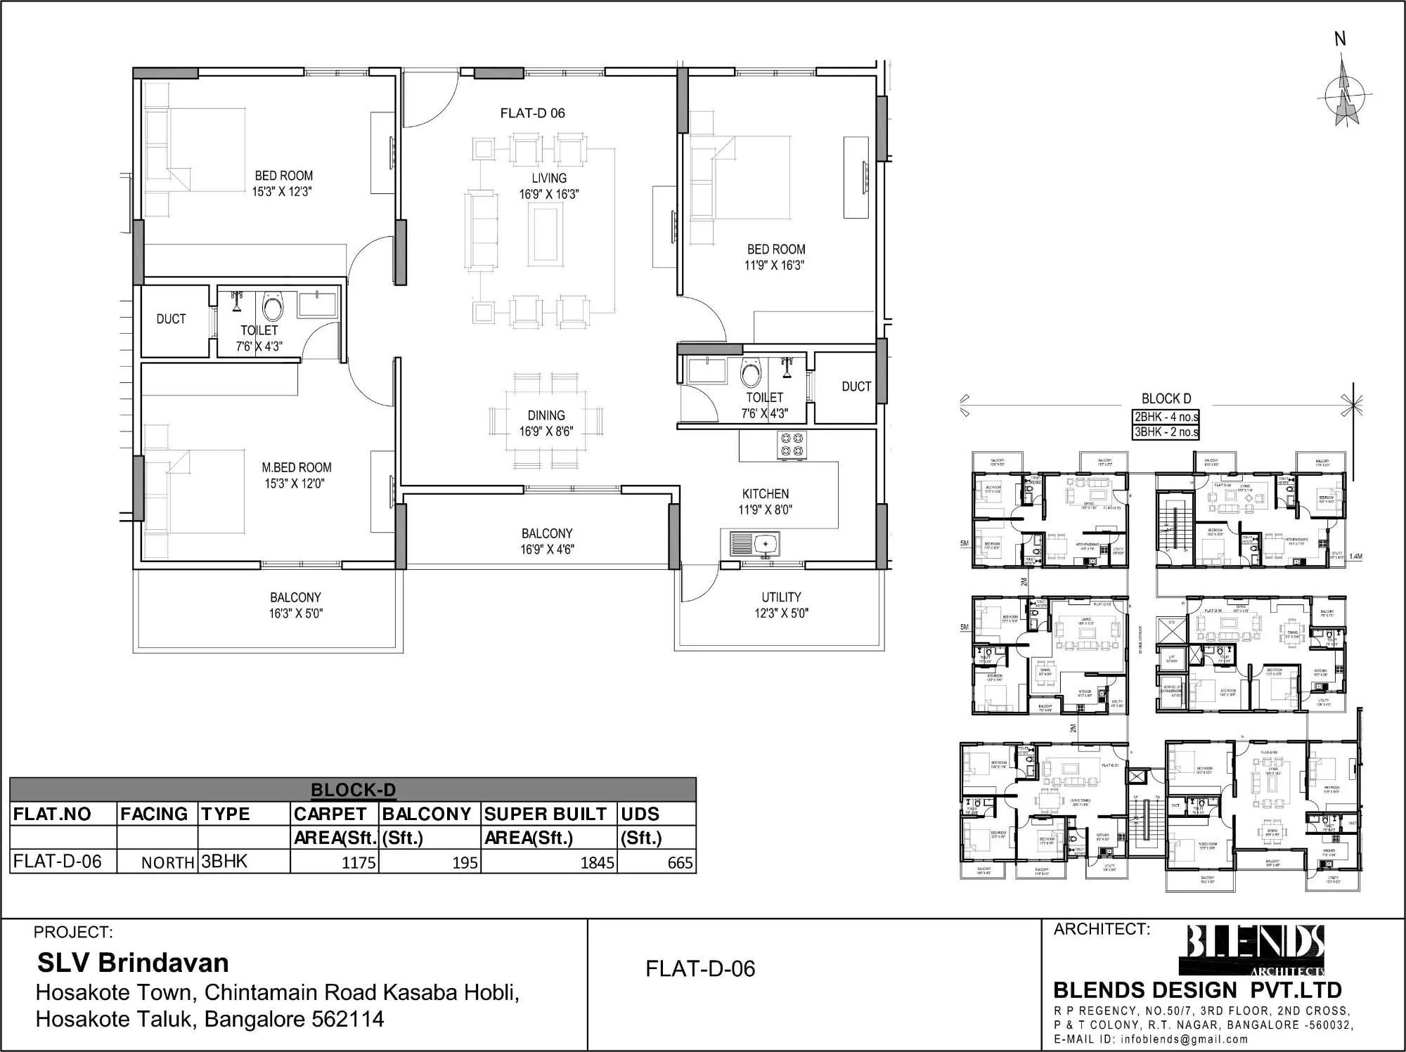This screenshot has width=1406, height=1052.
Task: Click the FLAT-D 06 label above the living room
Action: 532,113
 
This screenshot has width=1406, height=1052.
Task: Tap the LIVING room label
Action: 548,178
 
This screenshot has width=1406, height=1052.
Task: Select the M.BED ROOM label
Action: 296,468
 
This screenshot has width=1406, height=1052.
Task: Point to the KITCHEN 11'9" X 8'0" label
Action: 765,502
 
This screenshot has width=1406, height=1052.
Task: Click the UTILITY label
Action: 781,597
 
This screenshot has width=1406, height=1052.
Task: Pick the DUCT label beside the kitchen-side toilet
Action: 856,387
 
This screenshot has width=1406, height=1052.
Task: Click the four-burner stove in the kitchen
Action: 792,446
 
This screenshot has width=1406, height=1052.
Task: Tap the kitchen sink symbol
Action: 754,543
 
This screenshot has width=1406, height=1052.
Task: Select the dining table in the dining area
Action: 546,422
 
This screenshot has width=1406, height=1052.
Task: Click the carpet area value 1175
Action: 359,862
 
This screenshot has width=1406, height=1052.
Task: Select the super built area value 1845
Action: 597,862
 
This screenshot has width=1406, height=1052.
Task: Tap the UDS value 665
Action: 680,862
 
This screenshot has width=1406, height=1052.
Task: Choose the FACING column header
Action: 154,814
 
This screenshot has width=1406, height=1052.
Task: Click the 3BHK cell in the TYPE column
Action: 224,862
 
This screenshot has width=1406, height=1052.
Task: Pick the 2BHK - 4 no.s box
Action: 1166,417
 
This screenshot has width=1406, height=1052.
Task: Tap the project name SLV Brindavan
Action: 133,962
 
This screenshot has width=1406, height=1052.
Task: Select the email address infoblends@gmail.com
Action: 1185,1039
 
